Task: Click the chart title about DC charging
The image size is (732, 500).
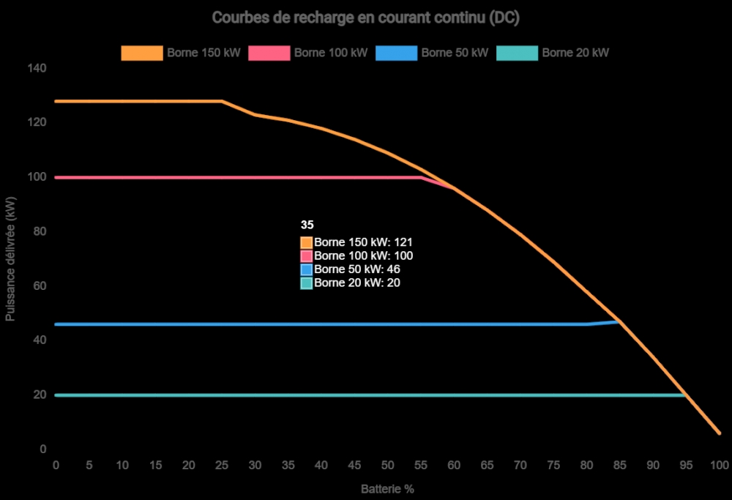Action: point(365,18)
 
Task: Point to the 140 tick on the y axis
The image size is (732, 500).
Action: point(37,68)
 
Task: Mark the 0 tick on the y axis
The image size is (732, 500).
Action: point(43,449)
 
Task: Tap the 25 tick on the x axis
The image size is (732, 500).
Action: point(222,465)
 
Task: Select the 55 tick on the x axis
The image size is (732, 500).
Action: point(421,465)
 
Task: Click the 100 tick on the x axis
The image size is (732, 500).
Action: point(719,465)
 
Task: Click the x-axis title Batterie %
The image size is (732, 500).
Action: point(387,488)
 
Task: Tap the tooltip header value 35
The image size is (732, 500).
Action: point(307,225)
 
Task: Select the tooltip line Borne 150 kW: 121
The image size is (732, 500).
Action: point(365,242)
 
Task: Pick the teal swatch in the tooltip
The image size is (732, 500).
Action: point(306,283)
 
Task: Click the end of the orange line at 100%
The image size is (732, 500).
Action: point(719,433)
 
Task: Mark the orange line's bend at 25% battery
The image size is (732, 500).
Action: point(222,101)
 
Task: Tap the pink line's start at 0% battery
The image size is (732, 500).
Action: point(56,177)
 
